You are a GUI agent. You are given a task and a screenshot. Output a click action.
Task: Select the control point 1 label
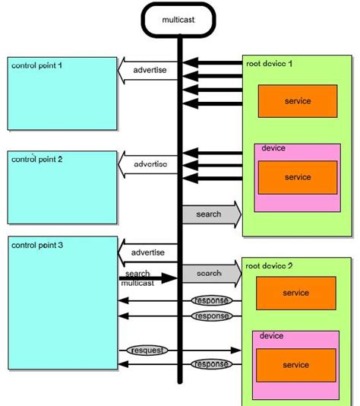click(x=37, y=66)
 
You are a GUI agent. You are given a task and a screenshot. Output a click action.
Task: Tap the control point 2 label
click(x=37, y=160)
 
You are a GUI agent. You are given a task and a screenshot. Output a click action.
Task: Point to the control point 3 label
click(x=37, y=246)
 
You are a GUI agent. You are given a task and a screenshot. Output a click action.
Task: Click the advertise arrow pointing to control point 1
click(x=149, y=71)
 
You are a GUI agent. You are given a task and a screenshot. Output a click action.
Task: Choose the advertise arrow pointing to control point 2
click(x=149, y=164)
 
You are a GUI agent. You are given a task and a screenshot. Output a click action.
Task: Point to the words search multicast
click(x=137, y=278)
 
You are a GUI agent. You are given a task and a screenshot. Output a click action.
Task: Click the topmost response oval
click(x=210, y=301)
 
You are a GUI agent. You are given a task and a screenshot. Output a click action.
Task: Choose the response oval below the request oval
click(x=210, y=364)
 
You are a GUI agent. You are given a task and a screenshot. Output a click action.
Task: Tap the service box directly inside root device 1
click(x=297, y=100)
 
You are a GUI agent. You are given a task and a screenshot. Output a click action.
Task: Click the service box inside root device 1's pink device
click(x=297, y=177)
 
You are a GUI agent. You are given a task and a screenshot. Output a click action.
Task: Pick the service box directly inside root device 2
click(x=295, y=293)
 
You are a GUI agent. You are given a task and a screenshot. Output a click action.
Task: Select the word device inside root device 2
click(x=272, y=336)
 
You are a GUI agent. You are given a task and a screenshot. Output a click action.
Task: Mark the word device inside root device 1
click(x=273, y=148)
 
